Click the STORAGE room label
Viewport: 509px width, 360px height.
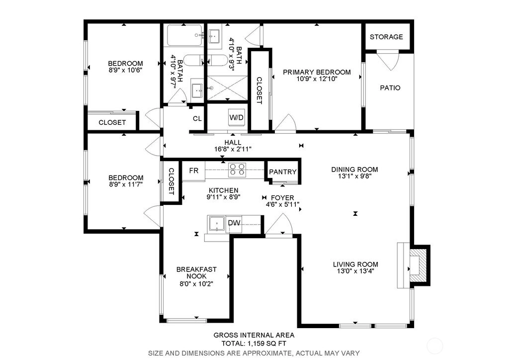386,37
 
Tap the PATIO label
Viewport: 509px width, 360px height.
390,88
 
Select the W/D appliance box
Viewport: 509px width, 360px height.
236,117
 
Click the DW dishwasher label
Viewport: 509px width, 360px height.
234,223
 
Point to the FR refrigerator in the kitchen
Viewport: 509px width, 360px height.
193,171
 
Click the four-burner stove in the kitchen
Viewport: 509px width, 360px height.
237,170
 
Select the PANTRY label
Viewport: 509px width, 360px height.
283,172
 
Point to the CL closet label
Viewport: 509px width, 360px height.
197,118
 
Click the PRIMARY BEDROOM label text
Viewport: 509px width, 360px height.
317,72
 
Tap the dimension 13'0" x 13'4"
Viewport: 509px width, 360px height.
355,271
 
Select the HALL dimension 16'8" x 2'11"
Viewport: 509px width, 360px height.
233,149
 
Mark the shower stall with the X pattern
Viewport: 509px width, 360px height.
227,88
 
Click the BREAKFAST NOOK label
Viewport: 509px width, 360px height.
196,272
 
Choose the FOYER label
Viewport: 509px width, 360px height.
282,198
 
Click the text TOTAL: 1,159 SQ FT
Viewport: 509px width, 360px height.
254,344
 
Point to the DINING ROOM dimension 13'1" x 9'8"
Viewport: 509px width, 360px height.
354,176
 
